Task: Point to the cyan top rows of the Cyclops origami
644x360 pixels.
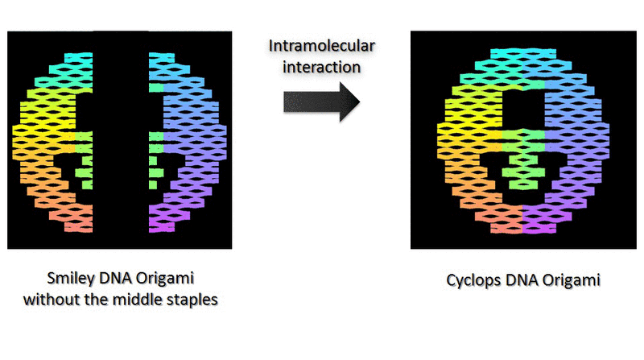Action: (522, 55)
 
